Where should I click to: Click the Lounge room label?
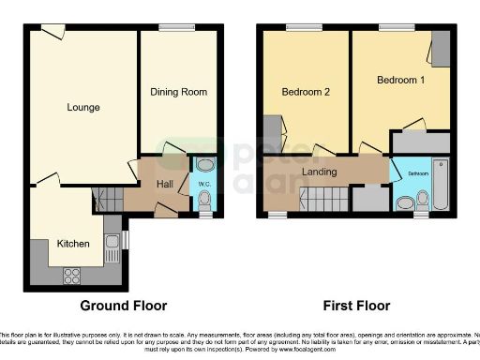83,107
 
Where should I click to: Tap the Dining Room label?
177,92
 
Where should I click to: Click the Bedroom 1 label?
400,81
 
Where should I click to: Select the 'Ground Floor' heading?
124,306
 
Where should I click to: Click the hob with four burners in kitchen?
70,275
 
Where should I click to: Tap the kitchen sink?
112,242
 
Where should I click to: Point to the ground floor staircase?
110,198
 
